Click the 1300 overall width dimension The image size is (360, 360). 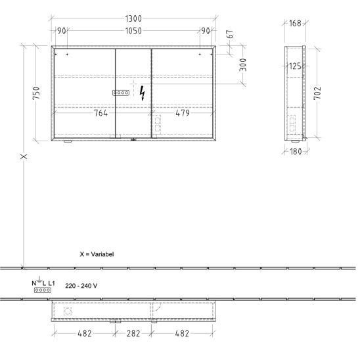(133, 19)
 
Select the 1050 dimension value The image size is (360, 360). (133, 31)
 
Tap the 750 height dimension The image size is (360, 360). (36, 93)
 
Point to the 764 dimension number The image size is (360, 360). (101, 113)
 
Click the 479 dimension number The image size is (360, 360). (183, 113)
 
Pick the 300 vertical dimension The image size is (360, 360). (243, 65)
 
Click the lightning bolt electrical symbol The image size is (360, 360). (143, 93)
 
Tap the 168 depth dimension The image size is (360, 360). (295, 23)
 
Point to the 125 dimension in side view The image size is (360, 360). (295, 66)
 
